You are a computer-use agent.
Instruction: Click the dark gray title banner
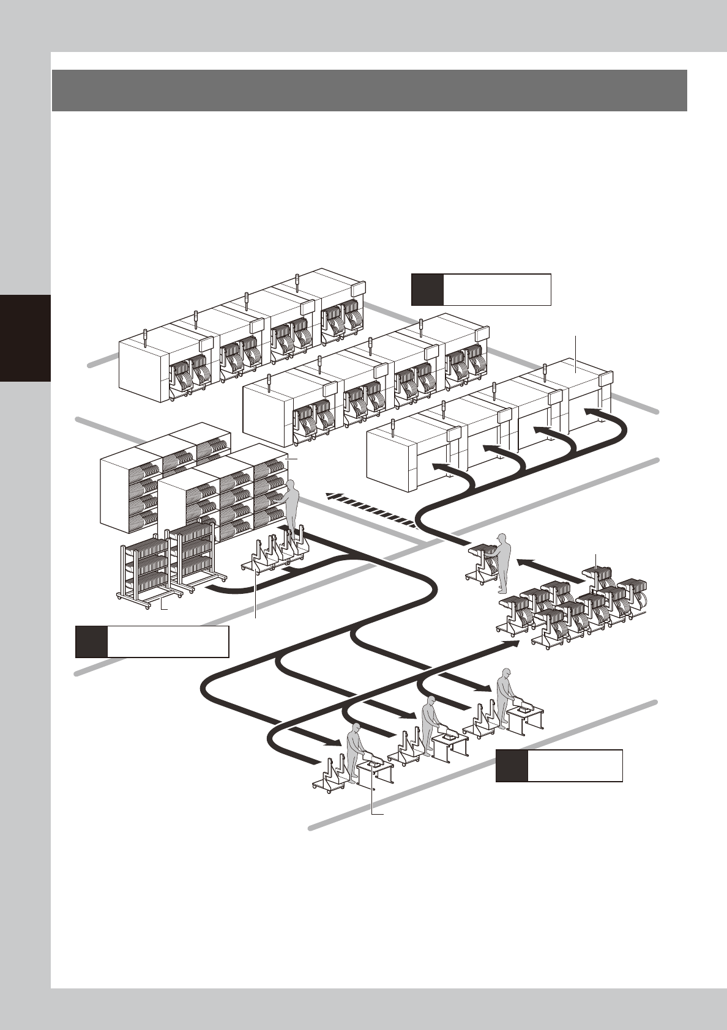[369, 91]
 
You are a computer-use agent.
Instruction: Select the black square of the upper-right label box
[427, 290]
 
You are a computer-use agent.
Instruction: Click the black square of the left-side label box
[92, 642]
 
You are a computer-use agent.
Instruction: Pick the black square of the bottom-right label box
[512, 766]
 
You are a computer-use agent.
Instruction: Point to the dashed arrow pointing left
[371, 509]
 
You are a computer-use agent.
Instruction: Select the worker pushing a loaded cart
[502, 561]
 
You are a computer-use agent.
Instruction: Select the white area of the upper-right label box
[497, 290]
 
